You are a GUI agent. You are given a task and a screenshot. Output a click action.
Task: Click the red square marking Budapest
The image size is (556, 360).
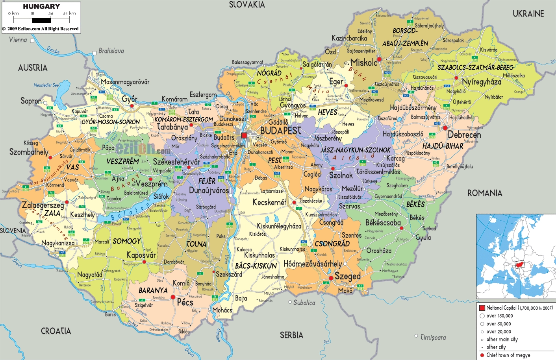[x=244, y=135]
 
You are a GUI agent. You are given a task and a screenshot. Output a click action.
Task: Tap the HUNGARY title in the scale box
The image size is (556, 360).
[x=41, y=6]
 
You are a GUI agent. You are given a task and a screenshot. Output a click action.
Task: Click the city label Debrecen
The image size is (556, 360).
[x=464, y=135]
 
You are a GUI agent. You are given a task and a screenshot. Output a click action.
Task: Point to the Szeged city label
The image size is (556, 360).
[x=348, y=276]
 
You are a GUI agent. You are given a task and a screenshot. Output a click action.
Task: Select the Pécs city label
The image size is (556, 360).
[x=185, y=302]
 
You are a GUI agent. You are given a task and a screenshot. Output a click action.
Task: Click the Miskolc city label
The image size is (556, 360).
[x=363, y=63]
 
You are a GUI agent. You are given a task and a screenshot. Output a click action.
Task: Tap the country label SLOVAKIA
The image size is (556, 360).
[x=247, y=5]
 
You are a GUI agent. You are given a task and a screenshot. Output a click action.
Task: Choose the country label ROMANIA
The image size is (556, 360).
[x=484, y=193]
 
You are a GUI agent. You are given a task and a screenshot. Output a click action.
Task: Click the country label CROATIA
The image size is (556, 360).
[x=56, y=331]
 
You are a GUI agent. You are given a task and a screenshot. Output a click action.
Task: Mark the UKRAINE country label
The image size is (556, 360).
[x=528, y=14]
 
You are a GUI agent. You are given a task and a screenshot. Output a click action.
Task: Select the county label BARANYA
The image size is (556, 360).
[x=153, y=290]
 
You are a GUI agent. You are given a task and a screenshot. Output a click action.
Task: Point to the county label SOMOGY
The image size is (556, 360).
[x=126, y=241]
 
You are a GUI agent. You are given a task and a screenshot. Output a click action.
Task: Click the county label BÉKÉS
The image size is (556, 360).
[x=415, y=204]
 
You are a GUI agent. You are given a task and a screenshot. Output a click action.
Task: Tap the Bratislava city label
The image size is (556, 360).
[x=111, y=51]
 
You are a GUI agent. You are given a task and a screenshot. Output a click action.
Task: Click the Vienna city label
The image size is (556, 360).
[x=18, y=40]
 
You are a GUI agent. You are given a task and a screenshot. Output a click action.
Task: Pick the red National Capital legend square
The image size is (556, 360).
[x=482, y=308]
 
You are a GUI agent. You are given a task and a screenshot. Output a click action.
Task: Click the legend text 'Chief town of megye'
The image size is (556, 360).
[x=508, y=355]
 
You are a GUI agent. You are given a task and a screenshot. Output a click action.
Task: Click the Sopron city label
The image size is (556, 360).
[x=31, y=101]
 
